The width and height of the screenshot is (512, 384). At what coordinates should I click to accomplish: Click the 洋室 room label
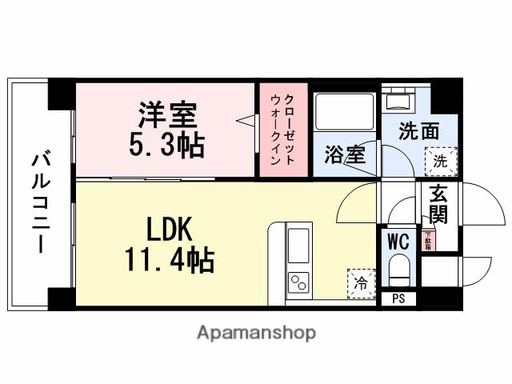pyautogui.click(x=166, y=115)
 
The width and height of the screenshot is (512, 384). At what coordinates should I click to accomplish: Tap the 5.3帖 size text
pyautogui.click(x=166, y=145)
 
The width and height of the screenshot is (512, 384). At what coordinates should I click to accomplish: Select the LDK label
pyautogui.click(x=169, y=230)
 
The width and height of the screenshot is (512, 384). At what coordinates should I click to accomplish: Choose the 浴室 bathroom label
pyautogui.click(x=344, y=154)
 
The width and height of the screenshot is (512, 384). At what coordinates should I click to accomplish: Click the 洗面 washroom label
pyautogui.click(x=419, y=130)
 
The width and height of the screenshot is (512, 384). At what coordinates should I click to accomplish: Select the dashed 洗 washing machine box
pyautogui.click(x=442, y=159)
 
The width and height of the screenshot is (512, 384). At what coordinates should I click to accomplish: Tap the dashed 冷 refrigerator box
pyautogui.click(x=361, y=282)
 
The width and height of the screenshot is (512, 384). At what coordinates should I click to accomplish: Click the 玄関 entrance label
pyautogui.click(x=438, y=205)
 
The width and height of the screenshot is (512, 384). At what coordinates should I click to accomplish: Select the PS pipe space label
pyautogui.click(x=398, y=299)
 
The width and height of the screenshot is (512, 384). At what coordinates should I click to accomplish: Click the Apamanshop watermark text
pyautogui.click(x=256, y=332)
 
